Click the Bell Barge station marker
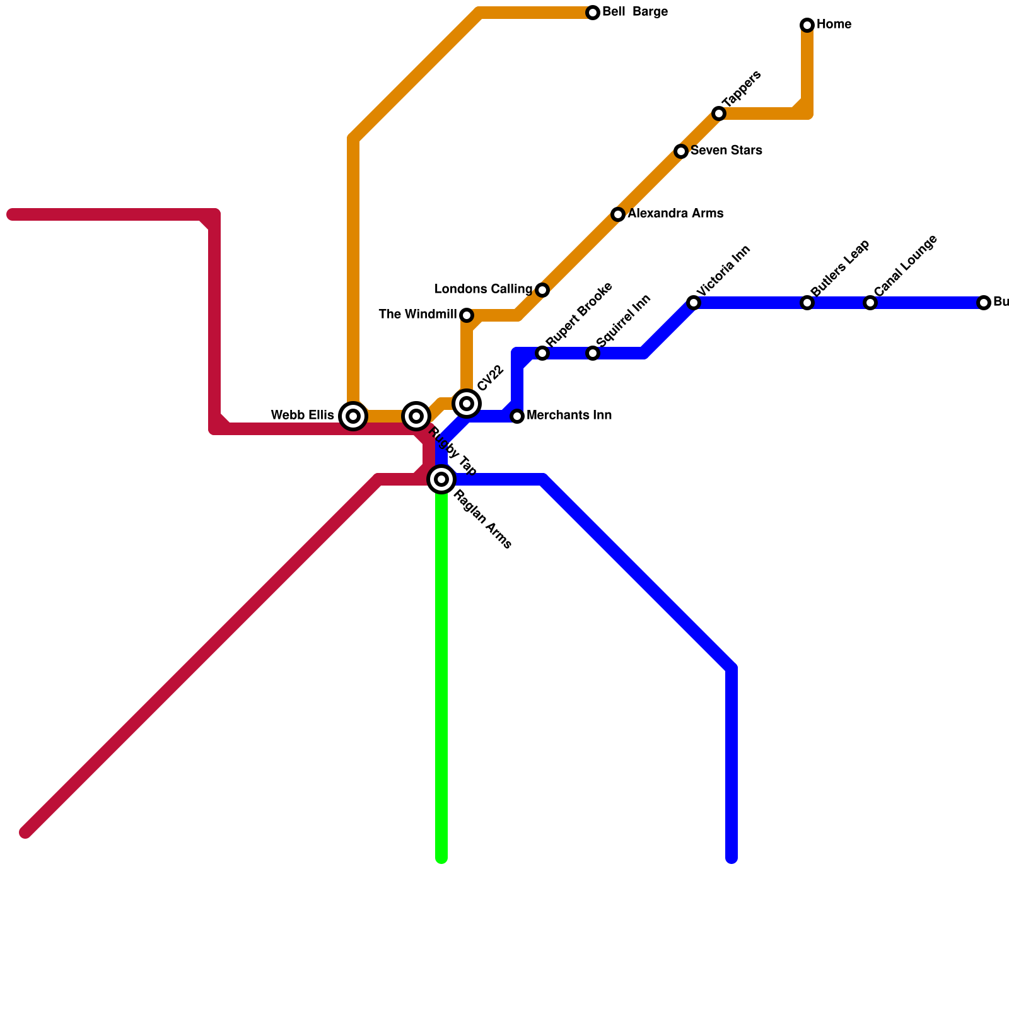tap(593, 13)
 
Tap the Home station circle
tap(807, 25)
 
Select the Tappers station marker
tap(719, 114)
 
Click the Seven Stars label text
tap(726, 151)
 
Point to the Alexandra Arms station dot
tap(618, 214)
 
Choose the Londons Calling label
tap(484, 289)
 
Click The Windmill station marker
tap(467, 315)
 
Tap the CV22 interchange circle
tap(467, 404)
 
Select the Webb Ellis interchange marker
tap(353, 416)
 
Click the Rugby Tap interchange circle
tap(416, 416)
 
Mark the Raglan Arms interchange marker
tap(441, 480)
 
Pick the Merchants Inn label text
tap(569, 416)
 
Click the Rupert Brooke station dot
tap(542, 353)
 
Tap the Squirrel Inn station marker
tap(593, 353)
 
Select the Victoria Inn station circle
tap(694, 303)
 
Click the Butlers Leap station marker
tap(807, 303)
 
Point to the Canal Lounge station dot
tap(870, 303)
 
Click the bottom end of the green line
tap(441, 858)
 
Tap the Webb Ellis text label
tap(302, 416)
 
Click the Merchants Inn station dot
tap(517, 416)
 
